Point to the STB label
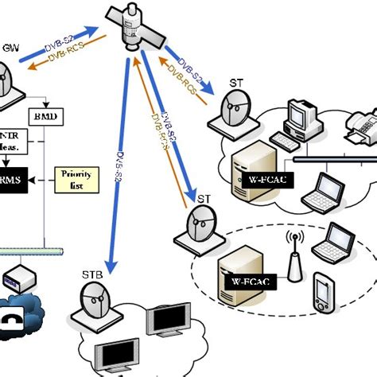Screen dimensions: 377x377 91,278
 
